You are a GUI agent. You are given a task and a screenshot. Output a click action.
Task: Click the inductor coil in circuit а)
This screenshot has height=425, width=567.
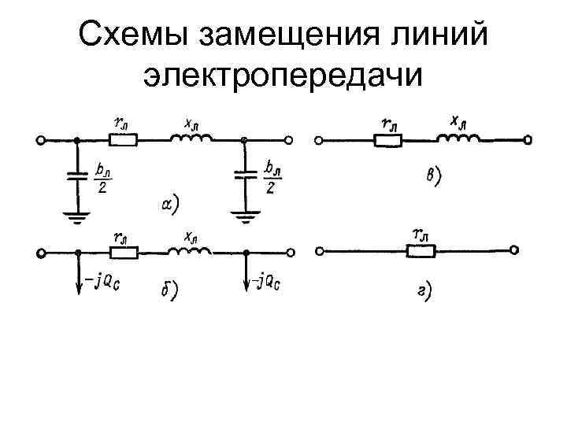[x=191, y=139]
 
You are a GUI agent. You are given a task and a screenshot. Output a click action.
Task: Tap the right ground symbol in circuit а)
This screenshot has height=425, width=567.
[x=245, y=214]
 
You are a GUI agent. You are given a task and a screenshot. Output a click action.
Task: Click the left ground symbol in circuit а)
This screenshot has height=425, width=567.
[x=76, y=214]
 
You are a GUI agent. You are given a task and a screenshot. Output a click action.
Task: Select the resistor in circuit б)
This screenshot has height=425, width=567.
[x=123, y=253]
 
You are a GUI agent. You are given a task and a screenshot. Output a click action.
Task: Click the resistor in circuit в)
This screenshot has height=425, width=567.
[x=387, y=142]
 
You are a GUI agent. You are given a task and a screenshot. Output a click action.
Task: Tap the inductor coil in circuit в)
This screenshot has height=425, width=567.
[x=457, y=139]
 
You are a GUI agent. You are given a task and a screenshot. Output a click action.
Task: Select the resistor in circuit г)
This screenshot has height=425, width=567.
[x=421, y=252]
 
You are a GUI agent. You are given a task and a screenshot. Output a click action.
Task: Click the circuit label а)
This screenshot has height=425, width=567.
[x=169, y=205]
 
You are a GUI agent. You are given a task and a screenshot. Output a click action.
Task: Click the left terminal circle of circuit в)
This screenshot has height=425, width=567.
[x=318, y=142]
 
